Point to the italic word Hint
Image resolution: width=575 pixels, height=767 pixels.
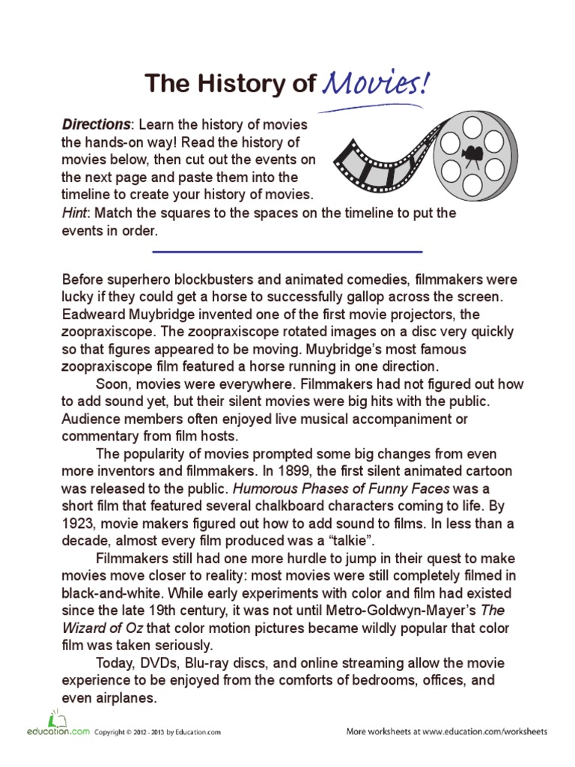coord(75,213)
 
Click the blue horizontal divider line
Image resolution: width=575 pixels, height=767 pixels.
coord(287,252)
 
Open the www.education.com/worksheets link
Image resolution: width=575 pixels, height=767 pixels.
coord(484,731)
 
